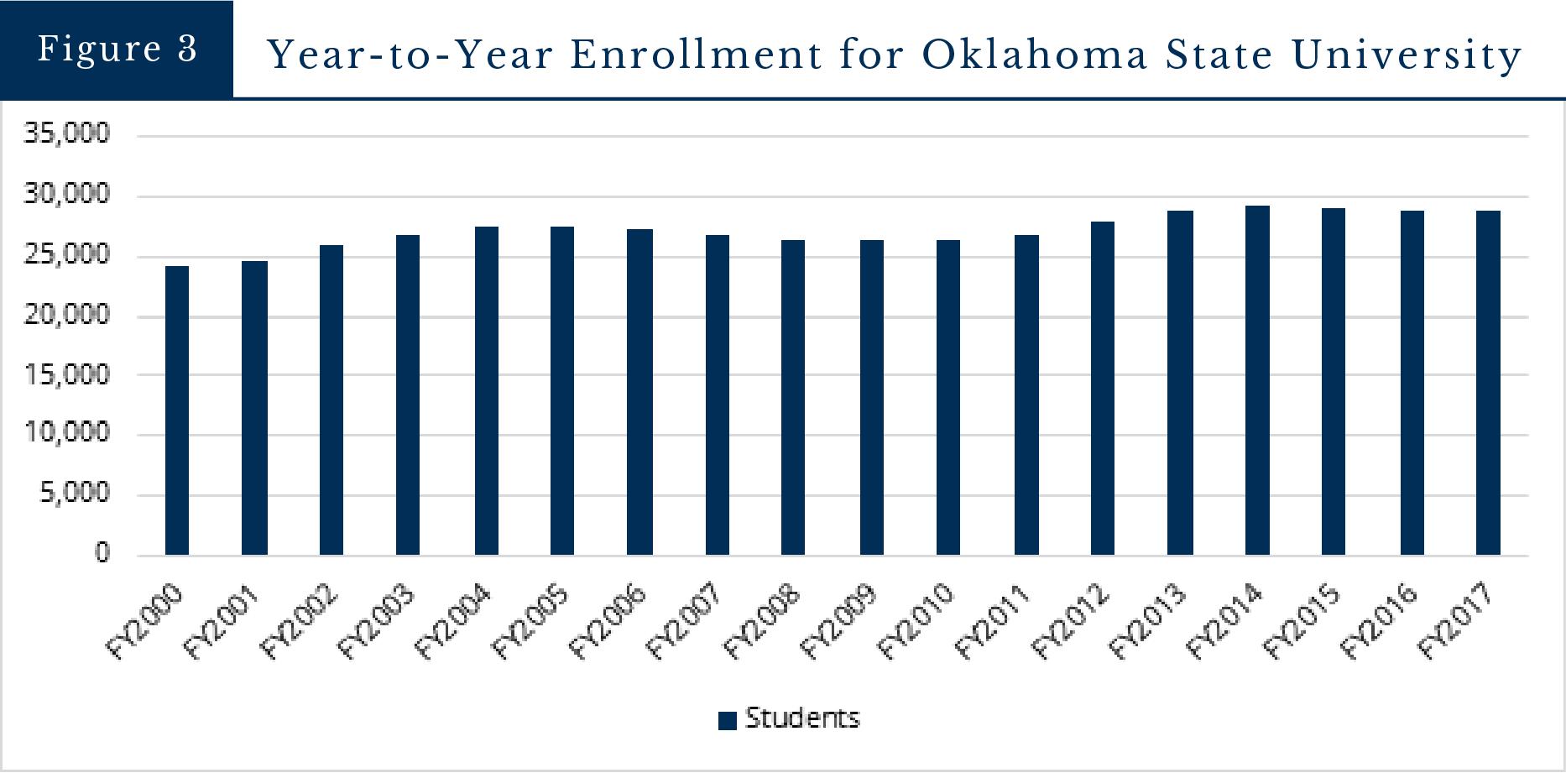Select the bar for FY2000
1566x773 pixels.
(x=177, y=410)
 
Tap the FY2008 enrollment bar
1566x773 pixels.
(x=793, y=398)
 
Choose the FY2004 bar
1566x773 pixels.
(x=487, y=391)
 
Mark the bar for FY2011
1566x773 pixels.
(x=1026, y=395)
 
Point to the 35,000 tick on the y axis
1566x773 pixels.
(x=67, y=134)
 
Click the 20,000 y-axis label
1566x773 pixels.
(x=67, y=316)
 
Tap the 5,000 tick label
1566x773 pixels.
(x=74, y=494)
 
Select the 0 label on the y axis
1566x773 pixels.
(x=102, y=554)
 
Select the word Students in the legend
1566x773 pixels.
(x=802, y=718)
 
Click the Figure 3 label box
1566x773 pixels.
(x=117, y=49)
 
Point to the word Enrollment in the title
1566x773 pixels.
(x=696, y=55)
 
